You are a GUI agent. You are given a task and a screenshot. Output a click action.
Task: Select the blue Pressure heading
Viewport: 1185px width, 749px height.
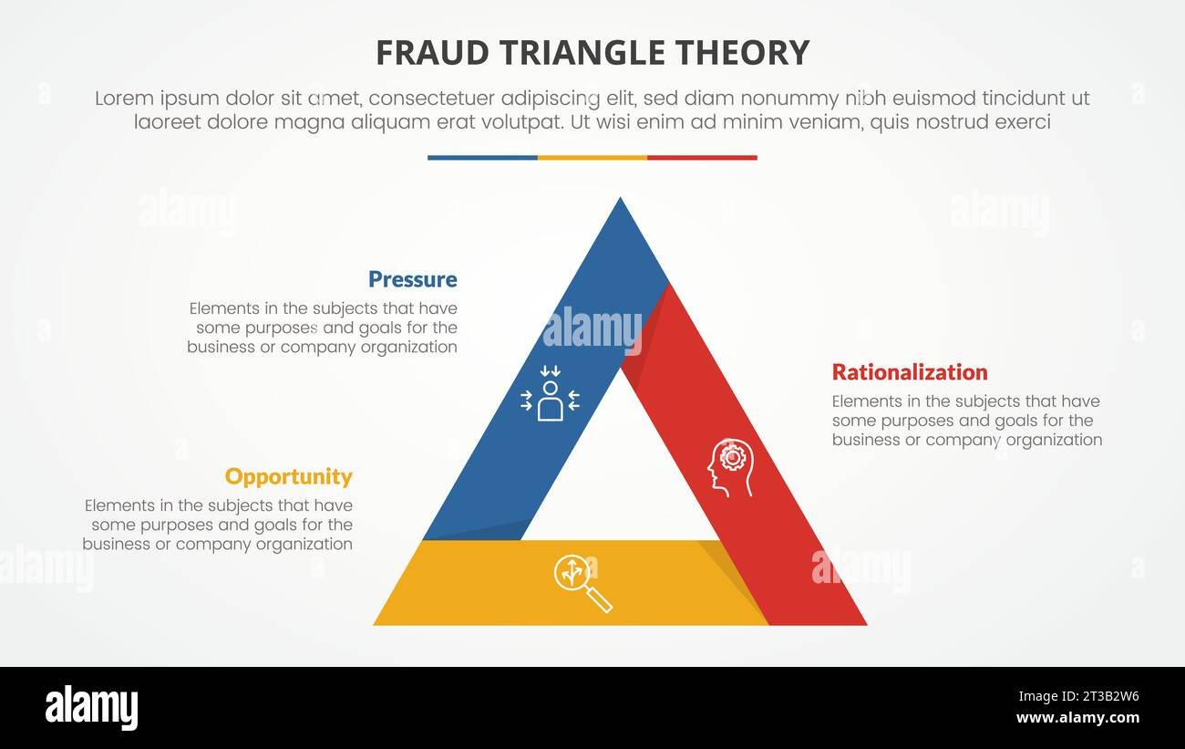pyautogui.click(x=412, y=279)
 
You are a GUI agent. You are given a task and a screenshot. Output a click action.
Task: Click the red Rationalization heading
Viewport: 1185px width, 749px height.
pyautogui.click(x=910, y=372)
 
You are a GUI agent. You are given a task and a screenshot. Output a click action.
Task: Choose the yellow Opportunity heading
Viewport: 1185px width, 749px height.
pyautogui.click(x=288, y=476)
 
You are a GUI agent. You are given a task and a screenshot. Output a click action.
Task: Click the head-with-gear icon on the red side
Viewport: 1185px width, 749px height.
pyautogui.click(x=730, y=467)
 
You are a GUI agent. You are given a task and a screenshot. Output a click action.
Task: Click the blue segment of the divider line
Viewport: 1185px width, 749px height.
pyautogui.click(x=482, y=158)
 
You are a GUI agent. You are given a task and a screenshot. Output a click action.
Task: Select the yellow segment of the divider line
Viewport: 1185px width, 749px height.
pyautogui.click(x=592, y=158)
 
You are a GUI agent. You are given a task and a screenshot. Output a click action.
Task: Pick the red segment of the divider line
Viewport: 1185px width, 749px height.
pyautogui.click(x=702, y=158)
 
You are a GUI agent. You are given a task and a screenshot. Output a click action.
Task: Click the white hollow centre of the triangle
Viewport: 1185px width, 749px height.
pyautogui.click(x=620, y=474)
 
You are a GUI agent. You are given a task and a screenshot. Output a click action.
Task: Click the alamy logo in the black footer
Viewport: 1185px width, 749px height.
pyautogui.click(x=91, y=708)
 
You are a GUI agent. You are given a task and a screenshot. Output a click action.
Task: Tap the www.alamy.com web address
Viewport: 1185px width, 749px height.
pyautogui.click(x=1077, y=718)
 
